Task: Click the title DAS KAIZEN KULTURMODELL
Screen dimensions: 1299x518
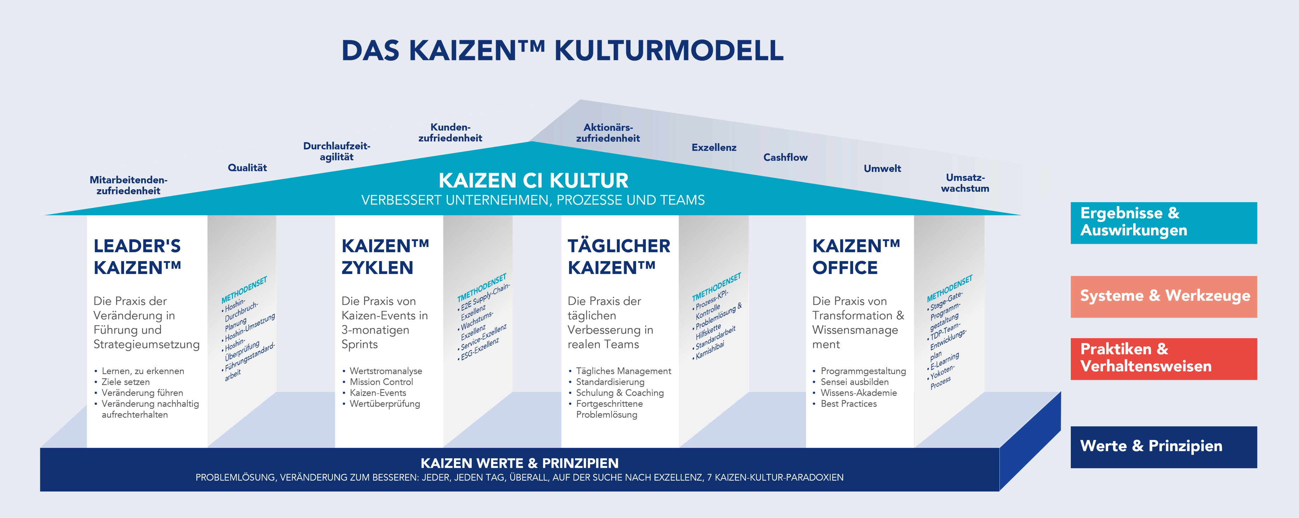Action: click(x=562, y=51)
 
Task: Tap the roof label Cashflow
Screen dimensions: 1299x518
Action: click(x=785, y=157)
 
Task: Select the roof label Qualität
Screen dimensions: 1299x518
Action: click(x=247, y=167)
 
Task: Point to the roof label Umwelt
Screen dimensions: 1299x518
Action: click(x=882, y=169)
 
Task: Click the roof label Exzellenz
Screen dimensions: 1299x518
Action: click(x=714, y=147)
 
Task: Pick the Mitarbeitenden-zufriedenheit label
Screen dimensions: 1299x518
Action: click(x=129, y=185)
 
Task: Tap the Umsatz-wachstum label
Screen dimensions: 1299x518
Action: click(x=965, y=183)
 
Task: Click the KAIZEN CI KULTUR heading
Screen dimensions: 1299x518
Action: click(x=533, y=180)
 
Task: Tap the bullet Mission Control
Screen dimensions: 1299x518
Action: click(x=381, y=382)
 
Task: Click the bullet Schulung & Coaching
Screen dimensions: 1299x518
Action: click(x=620, y=393)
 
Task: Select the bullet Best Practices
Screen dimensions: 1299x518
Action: click(x=849, y=404)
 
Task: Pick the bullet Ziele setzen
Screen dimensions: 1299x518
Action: click(x=125, y=382)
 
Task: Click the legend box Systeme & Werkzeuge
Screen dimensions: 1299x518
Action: click(x=1164, y=296)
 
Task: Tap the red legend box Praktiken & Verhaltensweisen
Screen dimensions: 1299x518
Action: click(x=1164, y=359)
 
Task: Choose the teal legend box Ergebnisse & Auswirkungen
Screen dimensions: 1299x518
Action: click(x=1164, y=223)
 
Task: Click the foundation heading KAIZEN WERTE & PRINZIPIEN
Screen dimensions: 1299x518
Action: click(x=519, y=463)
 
